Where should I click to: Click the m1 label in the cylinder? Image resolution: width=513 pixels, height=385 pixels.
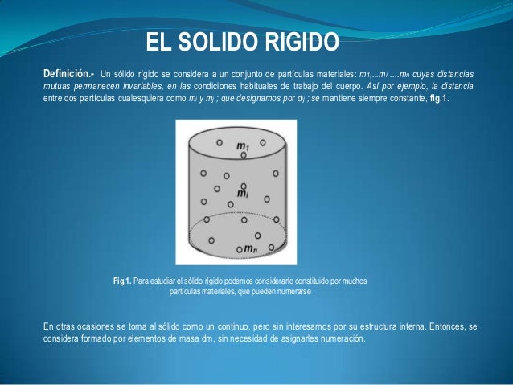(242, 145)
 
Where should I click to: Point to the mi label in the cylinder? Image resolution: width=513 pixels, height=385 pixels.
(241, 194)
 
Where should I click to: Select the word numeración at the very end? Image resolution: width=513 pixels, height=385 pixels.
(340, 338)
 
